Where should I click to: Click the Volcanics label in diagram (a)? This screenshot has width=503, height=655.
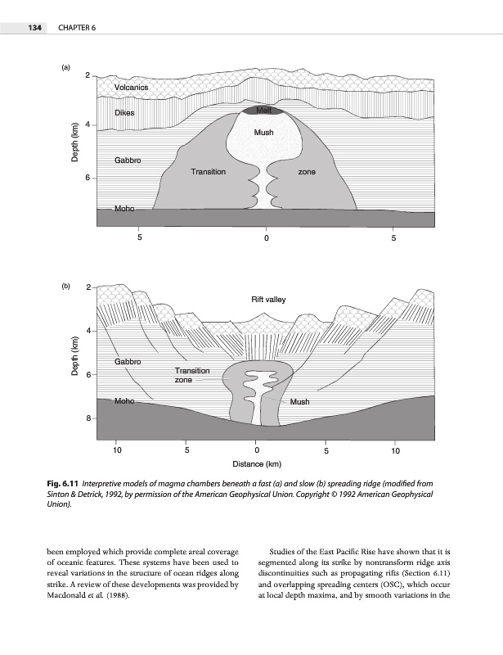pyautogui.click(x=131, y=87)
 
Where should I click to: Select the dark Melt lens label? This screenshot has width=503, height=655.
pyautogui.click(x=263, y=110)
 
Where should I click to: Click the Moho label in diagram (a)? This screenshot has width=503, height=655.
pyautogui.click(x=125, y=209)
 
